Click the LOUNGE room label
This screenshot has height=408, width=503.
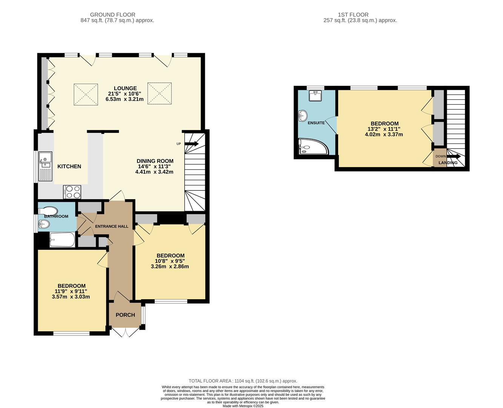pyautogui.click(x=125, y=88)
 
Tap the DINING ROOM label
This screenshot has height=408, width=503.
pyautogui.click(x=155, y=161)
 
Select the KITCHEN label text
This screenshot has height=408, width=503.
pyautogui.click(x=69, y=166)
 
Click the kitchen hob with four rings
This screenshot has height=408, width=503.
pyautogui.click(x=72, y=192)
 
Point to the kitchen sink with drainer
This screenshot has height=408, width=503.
pyautogui.click(x=45, y=166)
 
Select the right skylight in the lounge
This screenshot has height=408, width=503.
pyautogui.click(x=160, y=93)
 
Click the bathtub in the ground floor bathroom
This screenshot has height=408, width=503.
pyautogui.click(x=62, y=240)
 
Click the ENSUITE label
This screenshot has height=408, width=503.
pyautogui.click(x=316, y=123)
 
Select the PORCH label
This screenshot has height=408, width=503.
pyautogui.click(x=125, y=315)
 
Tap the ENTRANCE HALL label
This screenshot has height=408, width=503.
pyautogui.click(x=112, y=226)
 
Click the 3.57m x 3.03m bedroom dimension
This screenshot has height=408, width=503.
pyautogui.click(x=71, y=297)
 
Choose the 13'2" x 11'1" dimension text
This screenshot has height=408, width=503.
pyautogui.click(x=385, y=129)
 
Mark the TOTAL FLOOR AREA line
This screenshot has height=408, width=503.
pyautogui.click(x=243, y=381)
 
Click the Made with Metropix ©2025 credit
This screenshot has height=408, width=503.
pyautogui.click(x=243, y=406)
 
